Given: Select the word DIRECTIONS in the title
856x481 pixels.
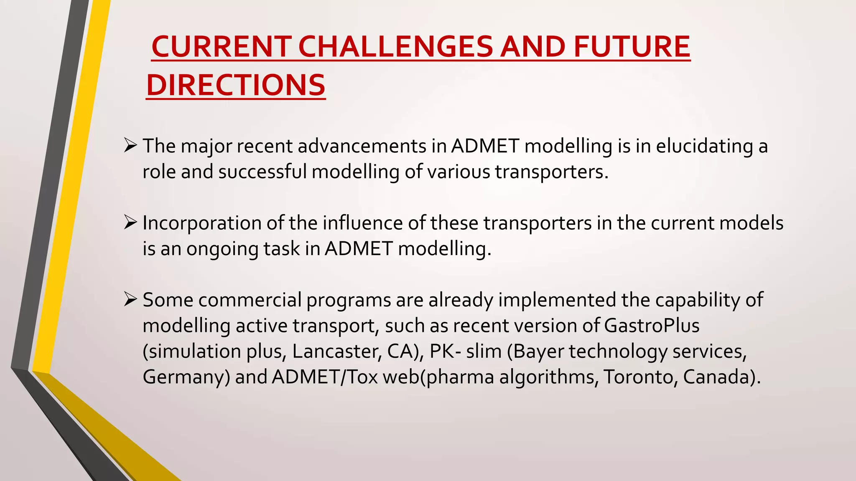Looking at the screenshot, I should tap(236, 85).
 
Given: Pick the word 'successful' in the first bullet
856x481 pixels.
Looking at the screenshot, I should tap(262, 172).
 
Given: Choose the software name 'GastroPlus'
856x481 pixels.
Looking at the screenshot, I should tap(652, 326).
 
